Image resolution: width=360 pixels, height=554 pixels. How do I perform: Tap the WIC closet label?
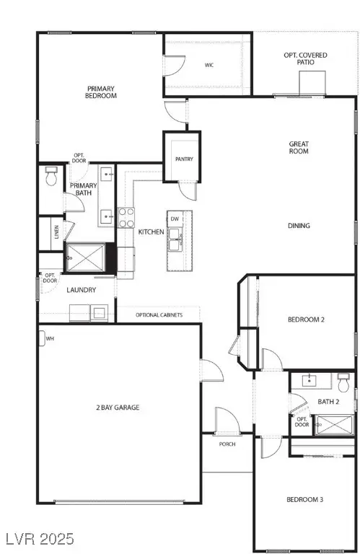[x=208, y=65]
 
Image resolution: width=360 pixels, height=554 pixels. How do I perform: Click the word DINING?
[x=298, y=226]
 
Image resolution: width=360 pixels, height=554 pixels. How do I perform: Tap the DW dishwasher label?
[x=175, y=219]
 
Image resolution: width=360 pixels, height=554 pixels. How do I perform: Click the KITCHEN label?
[x=151, y=232]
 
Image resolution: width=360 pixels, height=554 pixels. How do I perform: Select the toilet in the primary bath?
[x=51, y=177]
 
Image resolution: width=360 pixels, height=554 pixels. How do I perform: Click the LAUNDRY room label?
[x=81, y=290]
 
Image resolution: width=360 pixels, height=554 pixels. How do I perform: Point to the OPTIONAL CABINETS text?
[x=159, y=315]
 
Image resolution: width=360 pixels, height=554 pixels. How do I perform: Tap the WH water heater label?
[x=50, y=338]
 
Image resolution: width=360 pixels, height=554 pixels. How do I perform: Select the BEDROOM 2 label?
[x=306, y=320]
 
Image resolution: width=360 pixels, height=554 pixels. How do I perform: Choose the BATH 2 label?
[x=328, y=401]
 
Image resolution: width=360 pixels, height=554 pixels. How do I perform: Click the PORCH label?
[x=227, y=444]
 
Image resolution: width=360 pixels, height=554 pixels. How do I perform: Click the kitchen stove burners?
[x=126, y=217]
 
